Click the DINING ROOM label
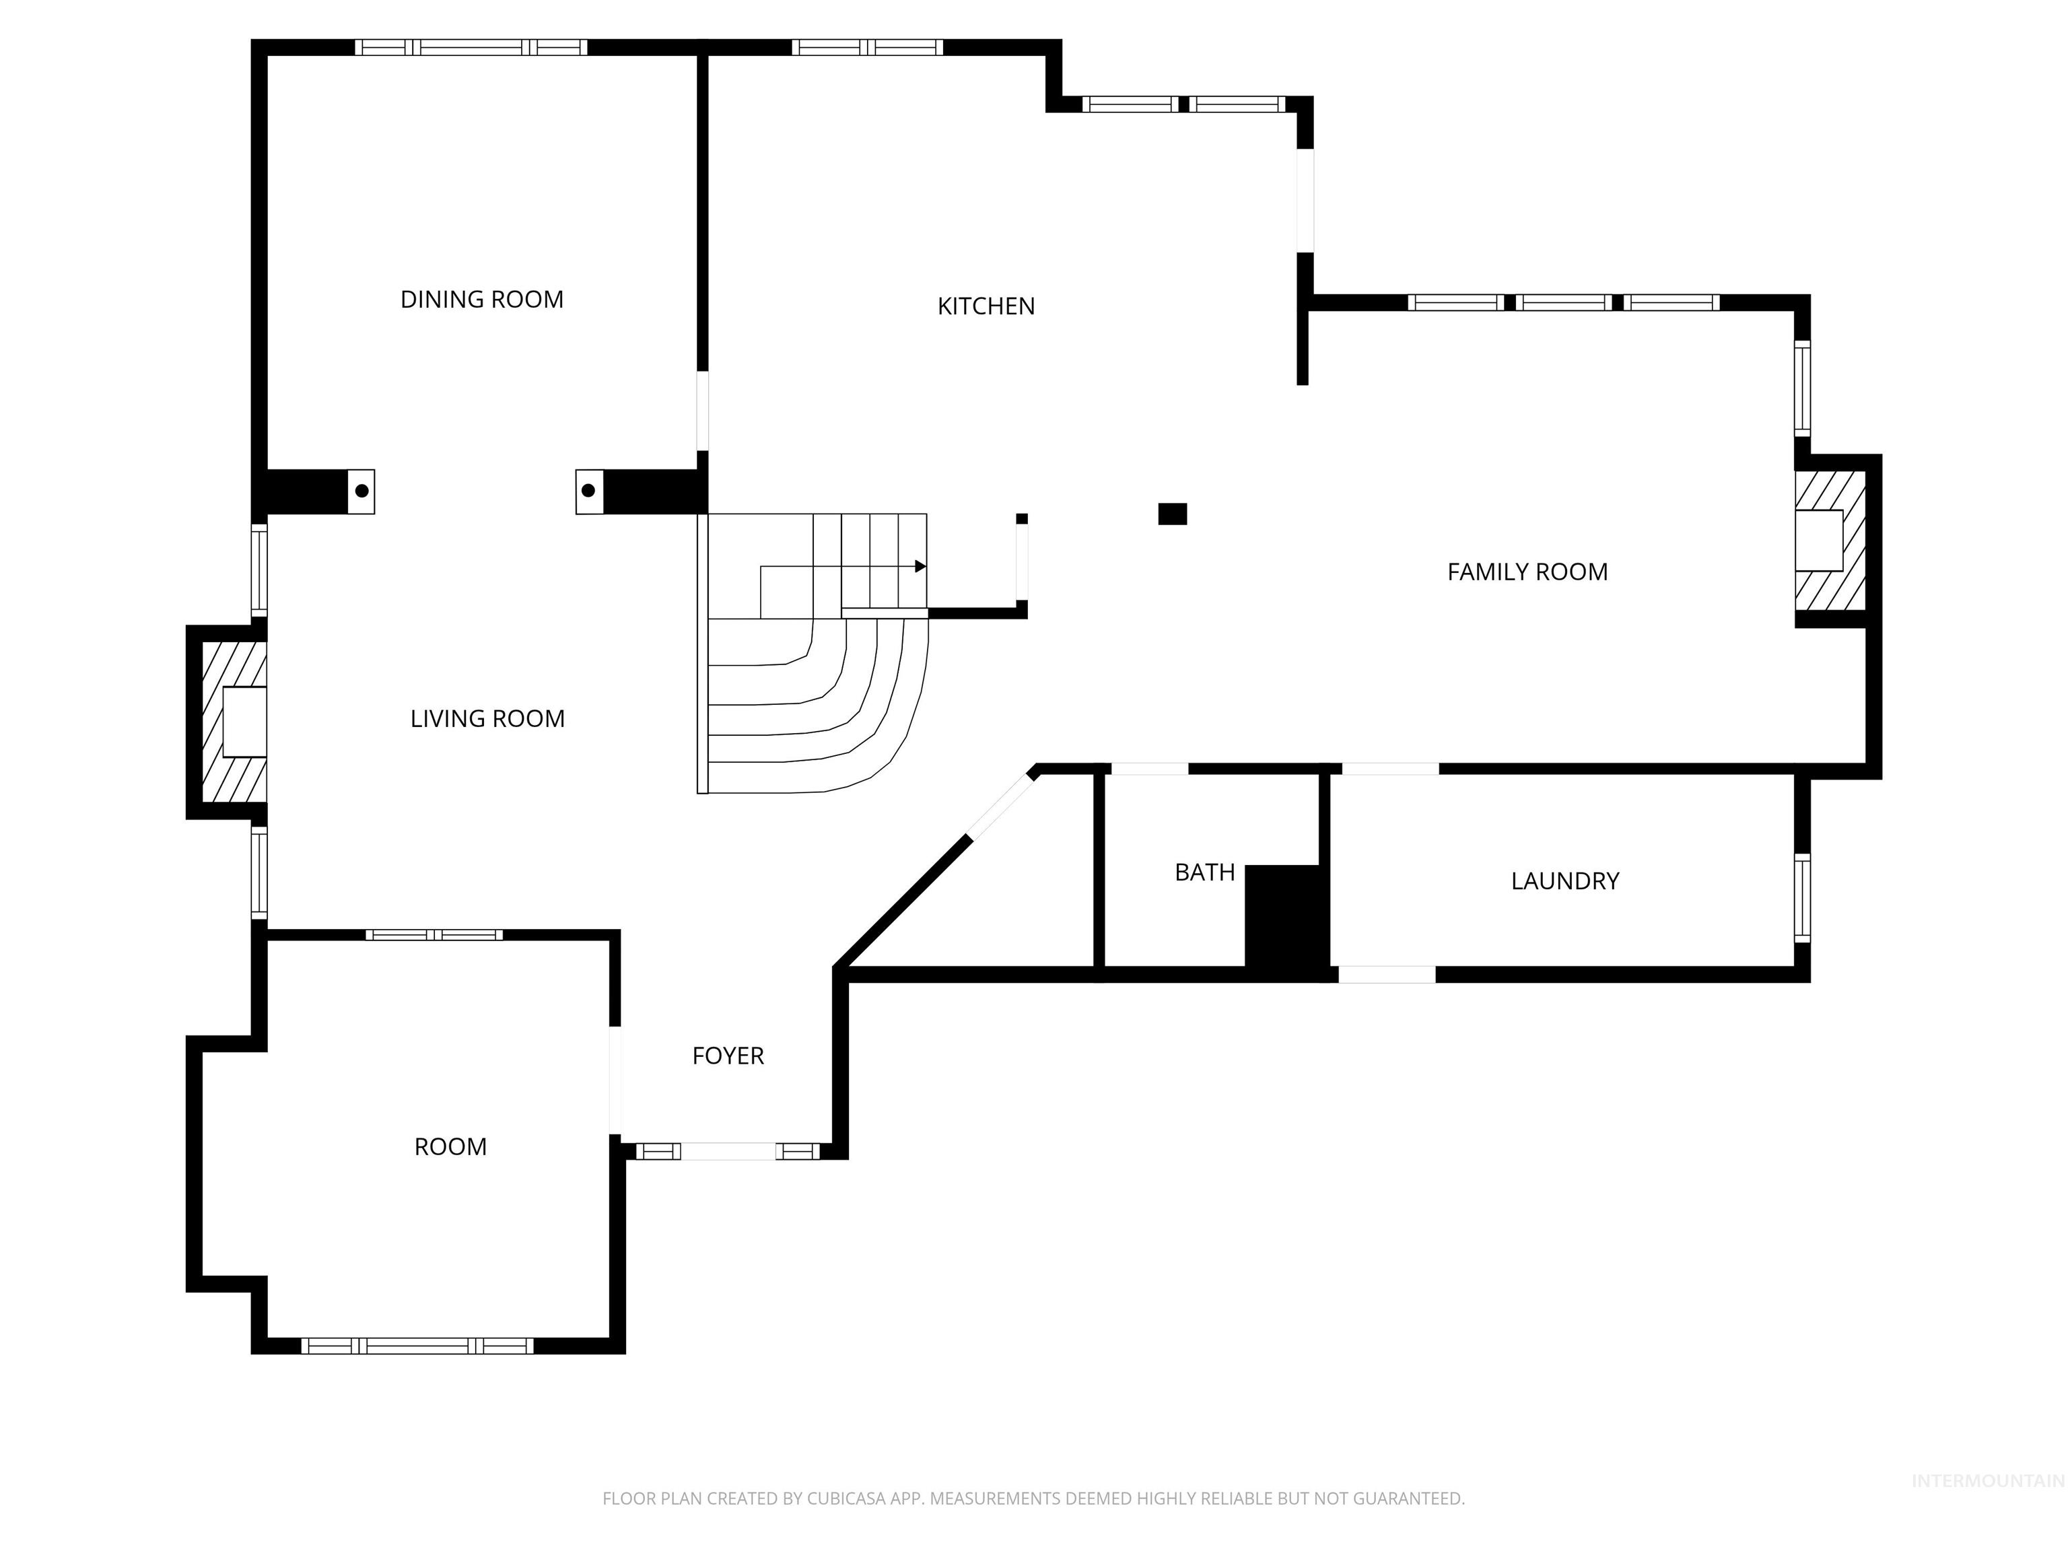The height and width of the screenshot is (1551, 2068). (481, 299)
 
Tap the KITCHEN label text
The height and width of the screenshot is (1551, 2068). (986, 306)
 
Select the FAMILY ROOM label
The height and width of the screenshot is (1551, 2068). (1527, 572)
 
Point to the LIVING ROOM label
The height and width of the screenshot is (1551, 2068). (487, 718)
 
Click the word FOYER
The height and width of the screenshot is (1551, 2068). (727, 1056)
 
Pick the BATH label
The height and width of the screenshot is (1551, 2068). (1204, 872)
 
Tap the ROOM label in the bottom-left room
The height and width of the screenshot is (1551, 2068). (450, 1146)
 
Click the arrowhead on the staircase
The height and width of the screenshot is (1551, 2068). (920, 567)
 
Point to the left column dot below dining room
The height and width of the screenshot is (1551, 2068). (361, 491)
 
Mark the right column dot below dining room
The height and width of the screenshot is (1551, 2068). (588, 491)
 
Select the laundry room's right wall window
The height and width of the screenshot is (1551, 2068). (1801, 897)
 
